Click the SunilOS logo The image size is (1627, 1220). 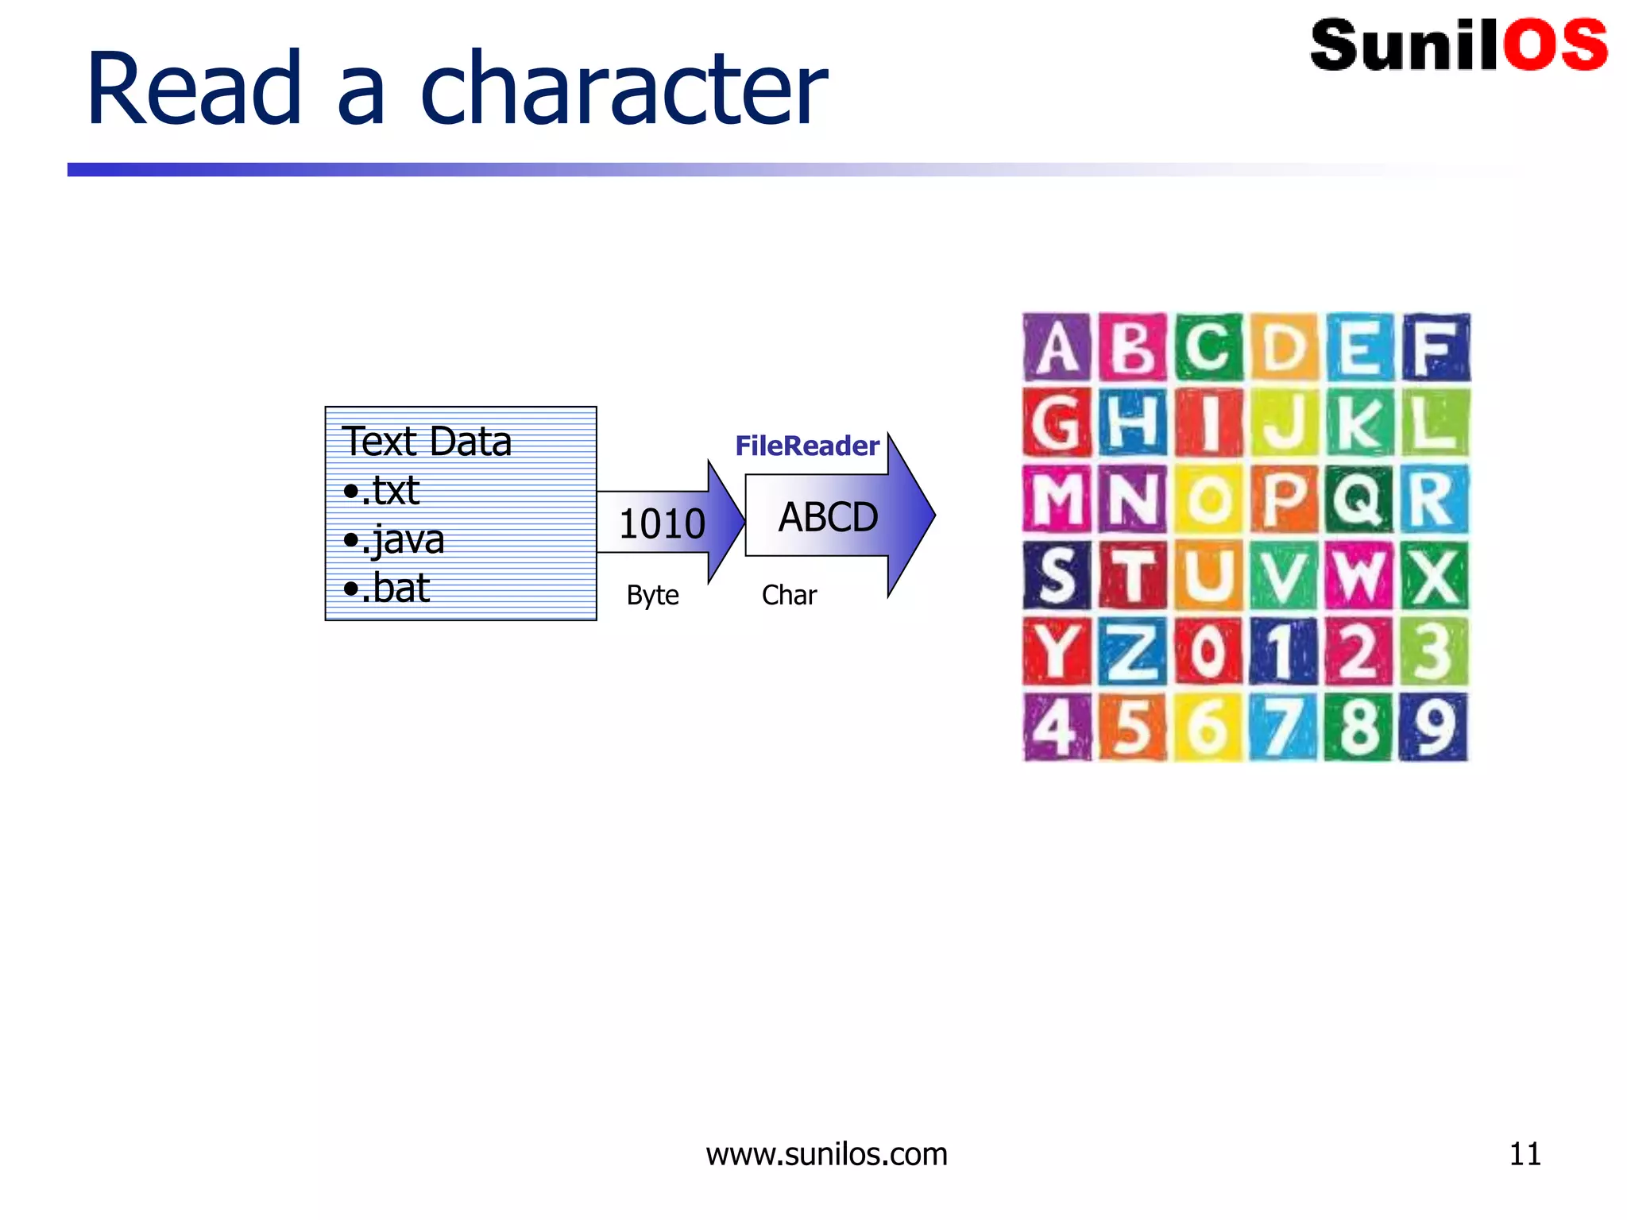point(1459,45)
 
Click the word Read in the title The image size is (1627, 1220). point(194,88)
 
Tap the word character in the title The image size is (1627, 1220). point(624,88)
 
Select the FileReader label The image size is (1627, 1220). point(806,446)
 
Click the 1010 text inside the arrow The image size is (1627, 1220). point(662,524)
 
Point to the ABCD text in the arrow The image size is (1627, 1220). point(828,518)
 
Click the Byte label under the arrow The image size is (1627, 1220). point(652,595)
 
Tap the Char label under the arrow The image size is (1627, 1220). point(789,595)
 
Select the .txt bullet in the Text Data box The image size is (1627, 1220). point(381,491)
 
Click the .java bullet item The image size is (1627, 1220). point(394,540)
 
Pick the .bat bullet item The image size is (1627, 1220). point(387,589)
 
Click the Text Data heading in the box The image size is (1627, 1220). point(427,442)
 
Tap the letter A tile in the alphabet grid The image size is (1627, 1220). point(1056,348)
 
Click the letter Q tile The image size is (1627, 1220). point(1358,500)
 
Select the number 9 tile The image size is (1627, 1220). point(1433,727)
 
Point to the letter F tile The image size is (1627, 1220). point(1435,348)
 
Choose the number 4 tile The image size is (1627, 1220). point(1056,727)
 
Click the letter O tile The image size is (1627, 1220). point(1208,500)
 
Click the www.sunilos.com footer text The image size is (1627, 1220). point(826,1154)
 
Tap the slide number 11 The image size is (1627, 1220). point(1525,1154)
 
